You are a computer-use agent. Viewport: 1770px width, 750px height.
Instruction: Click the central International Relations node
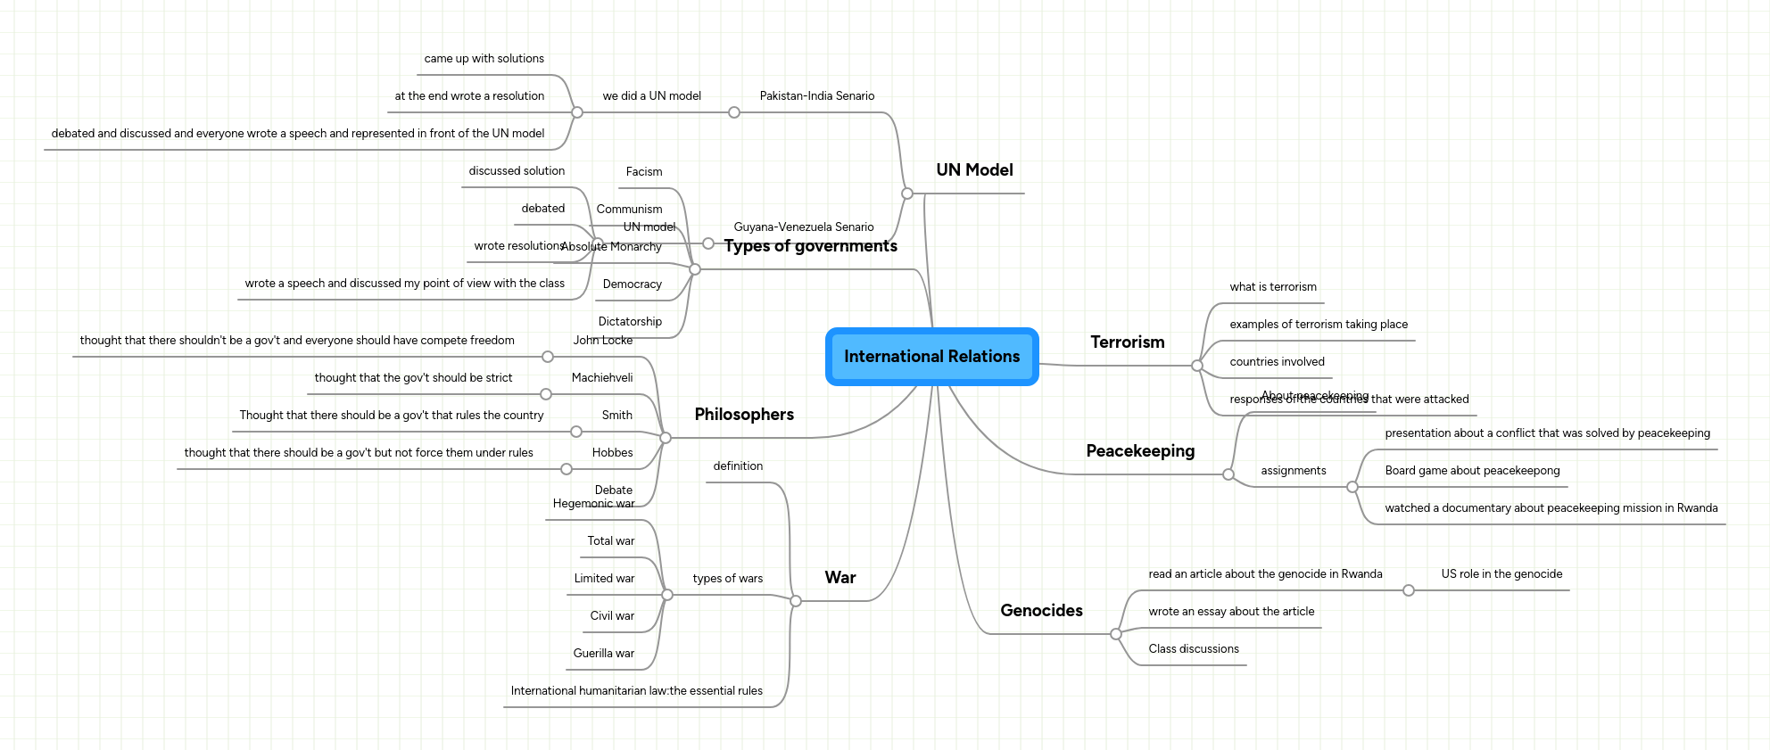click(931, 357)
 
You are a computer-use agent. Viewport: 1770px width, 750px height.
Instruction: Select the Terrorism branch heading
click(1127, 342)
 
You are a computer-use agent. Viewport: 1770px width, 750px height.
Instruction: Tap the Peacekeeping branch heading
click(1139, 451)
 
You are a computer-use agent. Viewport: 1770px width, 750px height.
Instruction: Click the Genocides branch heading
click(1041, 611)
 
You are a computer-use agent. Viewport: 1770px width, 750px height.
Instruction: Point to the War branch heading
click(840, 578)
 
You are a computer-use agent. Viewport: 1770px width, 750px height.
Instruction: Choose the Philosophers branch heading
click(744, 415)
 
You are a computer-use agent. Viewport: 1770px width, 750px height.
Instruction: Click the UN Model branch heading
click(974, 170)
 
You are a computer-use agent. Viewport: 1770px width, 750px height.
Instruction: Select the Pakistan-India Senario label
click(816, 96)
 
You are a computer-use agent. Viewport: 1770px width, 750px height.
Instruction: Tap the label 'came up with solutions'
click(484, 59)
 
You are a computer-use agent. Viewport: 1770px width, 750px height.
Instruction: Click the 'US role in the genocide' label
click(1501, 574)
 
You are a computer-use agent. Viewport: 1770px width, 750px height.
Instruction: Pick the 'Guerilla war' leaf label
click(603, 654)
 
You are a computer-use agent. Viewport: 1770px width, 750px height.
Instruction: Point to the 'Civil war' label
click(612, 616)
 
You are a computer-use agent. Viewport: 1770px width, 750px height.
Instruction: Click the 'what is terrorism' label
click(1272, 287)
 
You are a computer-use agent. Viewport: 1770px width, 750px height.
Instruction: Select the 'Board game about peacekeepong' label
click(1472, 471)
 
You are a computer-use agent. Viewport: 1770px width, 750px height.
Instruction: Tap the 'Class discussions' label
click(1193, 649)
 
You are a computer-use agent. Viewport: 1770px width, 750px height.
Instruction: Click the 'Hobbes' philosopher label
click(612, 453)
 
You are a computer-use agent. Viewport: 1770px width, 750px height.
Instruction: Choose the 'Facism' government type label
click(643, 172)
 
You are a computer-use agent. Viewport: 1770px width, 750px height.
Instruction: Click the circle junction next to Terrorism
click(1197, 366)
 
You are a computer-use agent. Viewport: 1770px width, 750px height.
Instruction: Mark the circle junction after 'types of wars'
click(667, 595)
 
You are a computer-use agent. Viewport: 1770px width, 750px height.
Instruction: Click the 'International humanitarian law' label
click(636, 691)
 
